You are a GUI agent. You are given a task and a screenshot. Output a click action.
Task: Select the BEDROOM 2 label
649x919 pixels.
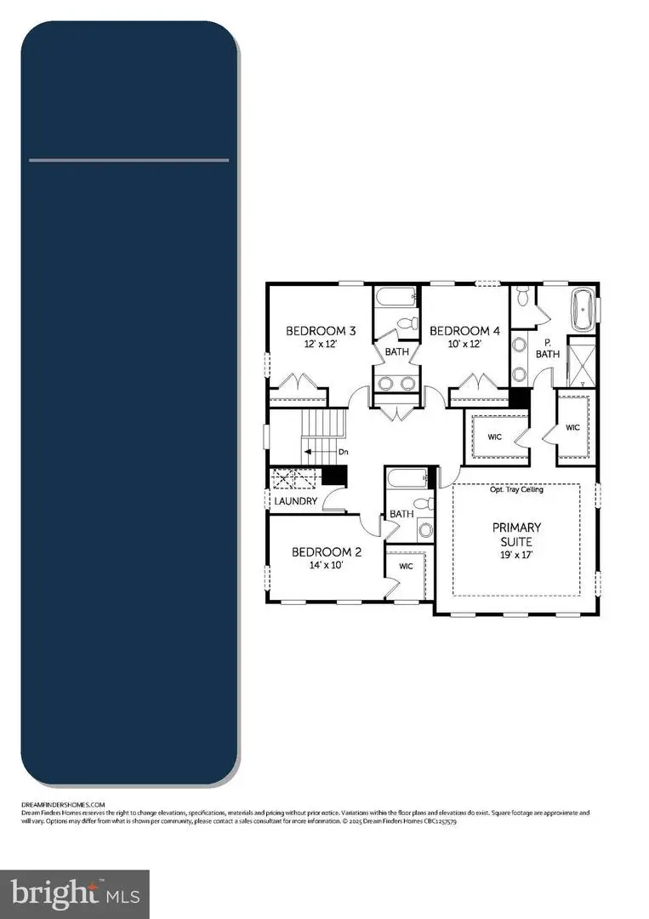click(x=327, y=552)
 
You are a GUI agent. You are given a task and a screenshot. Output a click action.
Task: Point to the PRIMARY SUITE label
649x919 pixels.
click(x=516, y=534)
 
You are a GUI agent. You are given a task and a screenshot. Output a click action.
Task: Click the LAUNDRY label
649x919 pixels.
click(x=295, y=502)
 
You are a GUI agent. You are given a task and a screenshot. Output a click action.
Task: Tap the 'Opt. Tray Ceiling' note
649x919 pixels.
click(x=516, y=489)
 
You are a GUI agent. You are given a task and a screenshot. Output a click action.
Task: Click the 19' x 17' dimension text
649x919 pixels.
click(x=516, y=555)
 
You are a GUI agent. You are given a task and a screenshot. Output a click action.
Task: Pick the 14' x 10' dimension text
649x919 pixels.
click(x=327, y=566)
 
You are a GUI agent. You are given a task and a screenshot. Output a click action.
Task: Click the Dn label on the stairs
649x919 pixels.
click(x=343, y=453)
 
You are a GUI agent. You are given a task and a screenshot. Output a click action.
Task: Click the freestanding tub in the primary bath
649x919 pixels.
click(x=583, y=311)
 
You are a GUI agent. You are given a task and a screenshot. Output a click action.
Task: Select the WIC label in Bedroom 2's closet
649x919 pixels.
click(x=405, y=567)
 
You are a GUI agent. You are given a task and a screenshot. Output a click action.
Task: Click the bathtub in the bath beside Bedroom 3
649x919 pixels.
click(x=396, y=299)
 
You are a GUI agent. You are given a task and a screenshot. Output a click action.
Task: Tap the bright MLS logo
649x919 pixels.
click(x=74, y=893)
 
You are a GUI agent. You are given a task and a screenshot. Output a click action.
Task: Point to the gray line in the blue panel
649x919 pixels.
click(x=128, y=160)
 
